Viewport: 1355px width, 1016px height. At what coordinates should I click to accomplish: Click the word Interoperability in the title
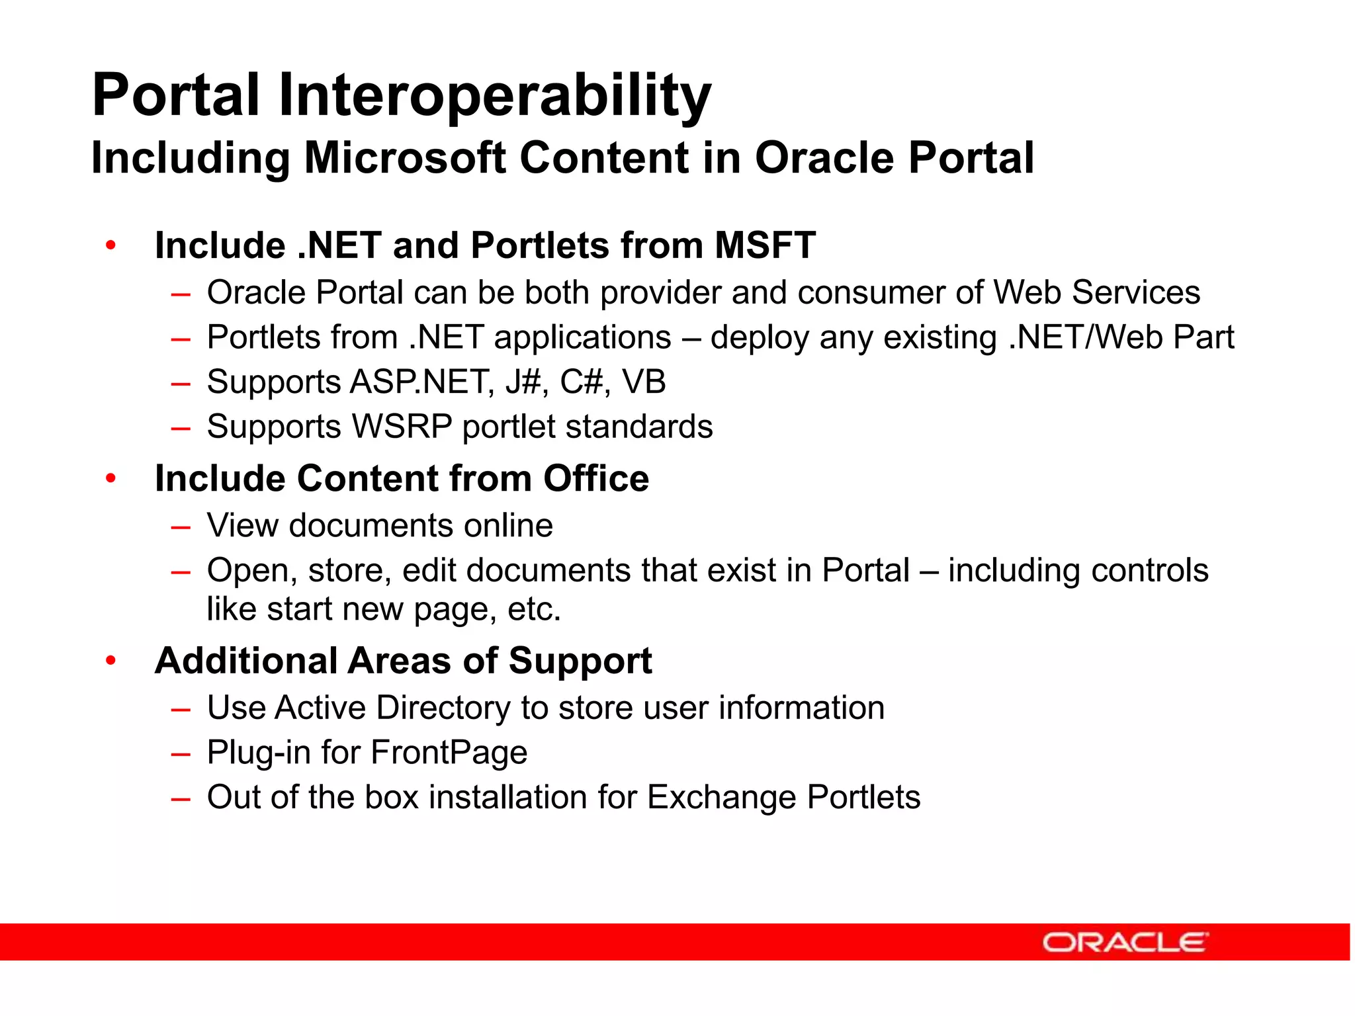click(x=494, y=97)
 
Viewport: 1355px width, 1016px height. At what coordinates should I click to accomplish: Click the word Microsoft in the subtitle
click(x=405, y=158)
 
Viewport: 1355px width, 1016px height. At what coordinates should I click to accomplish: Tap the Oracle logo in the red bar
click(x=1125, y=942)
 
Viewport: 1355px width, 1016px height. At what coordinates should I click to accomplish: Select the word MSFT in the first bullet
click(x=765, y=245)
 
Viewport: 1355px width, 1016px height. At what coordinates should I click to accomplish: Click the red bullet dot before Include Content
click(x=111, y=478)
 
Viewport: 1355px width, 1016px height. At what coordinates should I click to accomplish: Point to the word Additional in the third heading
click(x=246, y=661)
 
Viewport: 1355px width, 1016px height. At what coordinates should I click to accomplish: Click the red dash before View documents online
click(x=181, y=527)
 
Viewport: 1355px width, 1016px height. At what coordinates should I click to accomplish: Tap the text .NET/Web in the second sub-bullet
click(x=1086, y=337)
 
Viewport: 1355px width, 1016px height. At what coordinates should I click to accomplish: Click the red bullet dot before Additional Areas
click(x=111, y=660)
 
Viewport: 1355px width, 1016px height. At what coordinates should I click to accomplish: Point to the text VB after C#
click(x=644, y=382)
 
